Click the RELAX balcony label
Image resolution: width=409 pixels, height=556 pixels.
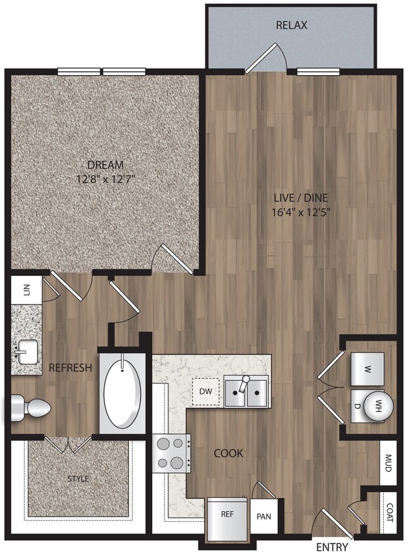(292, 26)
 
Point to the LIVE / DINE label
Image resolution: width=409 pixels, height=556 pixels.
(301, 197)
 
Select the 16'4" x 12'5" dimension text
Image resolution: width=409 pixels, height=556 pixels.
(301, 211)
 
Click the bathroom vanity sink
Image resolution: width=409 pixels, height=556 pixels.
(26, 352)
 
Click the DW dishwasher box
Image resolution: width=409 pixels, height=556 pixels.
(204, 392)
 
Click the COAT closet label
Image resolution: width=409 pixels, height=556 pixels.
(389, 511)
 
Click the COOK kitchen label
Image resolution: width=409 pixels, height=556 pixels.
(228, 453)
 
